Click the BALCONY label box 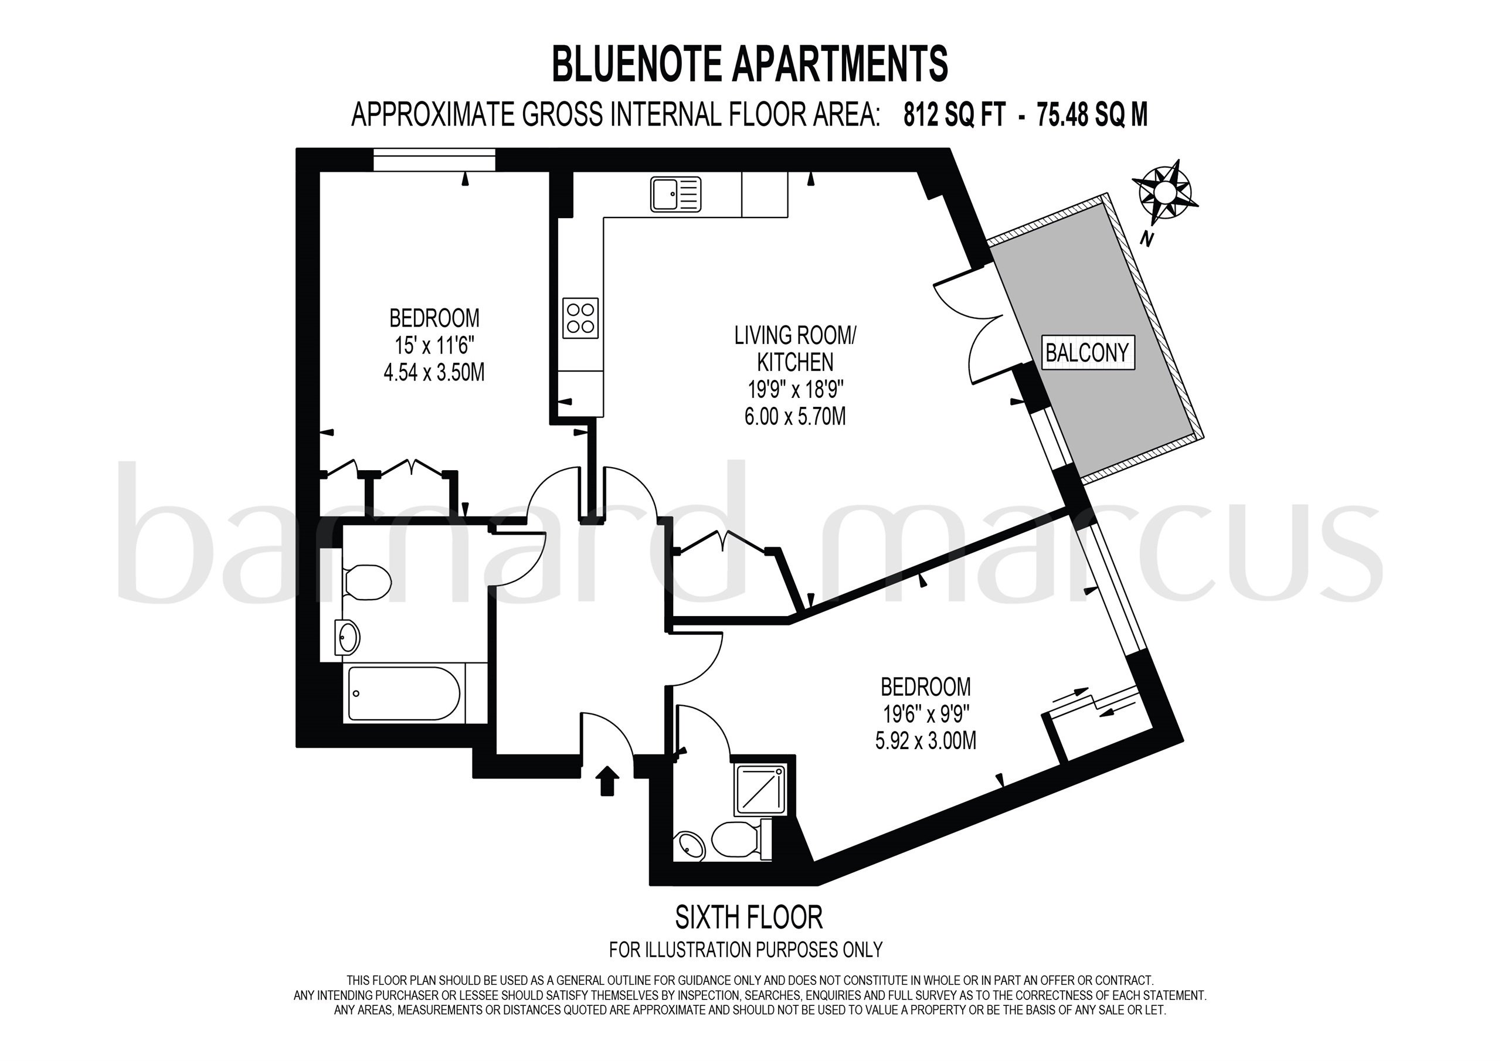click(1087, 353)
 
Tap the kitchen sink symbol click(675, 194)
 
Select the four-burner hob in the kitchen click(580, 318)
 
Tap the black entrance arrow click(608, 781)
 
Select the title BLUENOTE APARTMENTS click(750, 64)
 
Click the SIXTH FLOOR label click(749, 918)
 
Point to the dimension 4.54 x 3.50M click(434, 373)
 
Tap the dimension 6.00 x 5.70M click(795, 416)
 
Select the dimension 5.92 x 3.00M click(926, 741)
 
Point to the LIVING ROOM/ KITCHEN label click(795, 348)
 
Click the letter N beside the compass click(1145, 240)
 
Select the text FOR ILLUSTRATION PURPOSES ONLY click(746, 949)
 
